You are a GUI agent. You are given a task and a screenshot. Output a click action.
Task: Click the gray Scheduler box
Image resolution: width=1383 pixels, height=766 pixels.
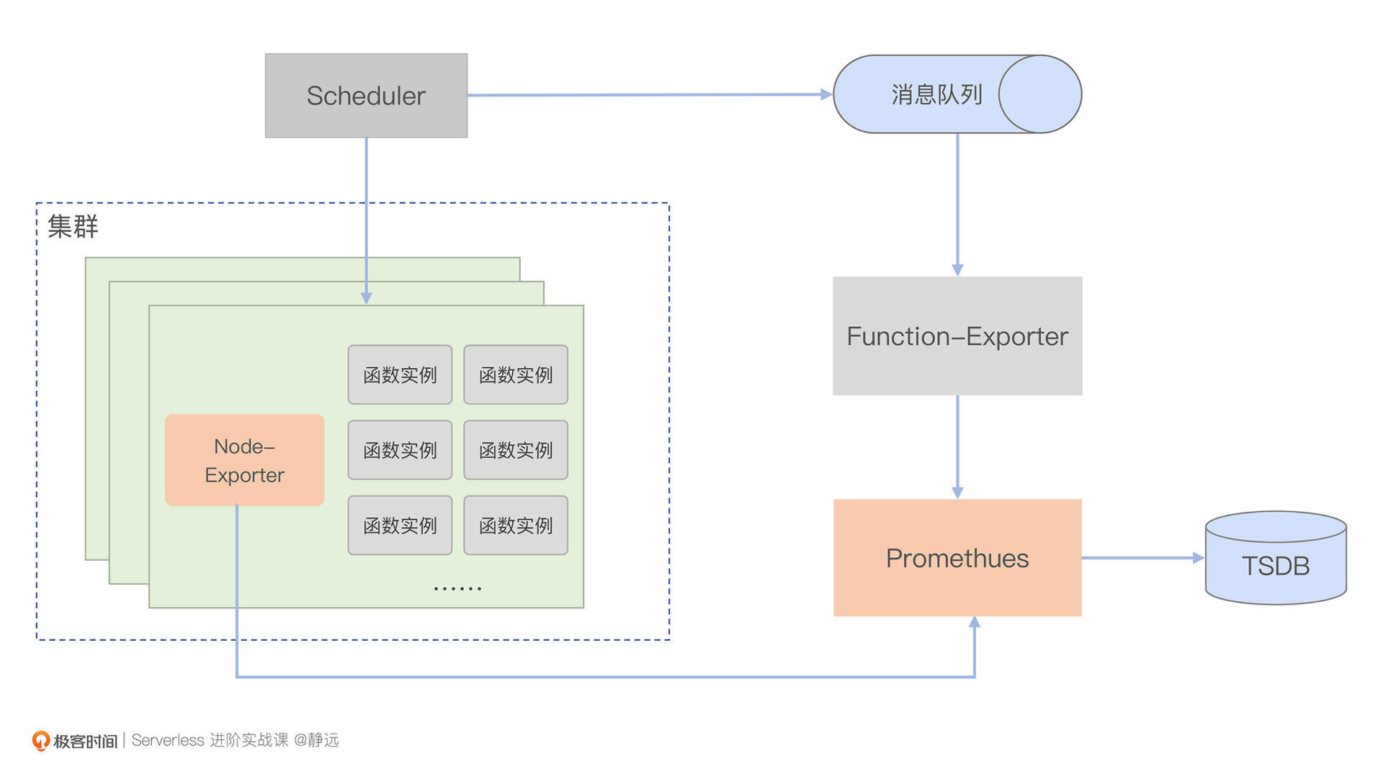click(x=366, y=96)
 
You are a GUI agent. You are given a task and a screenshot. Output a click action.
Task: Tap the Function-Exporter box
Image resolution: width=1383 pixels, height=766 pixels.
click(x=957, y=336)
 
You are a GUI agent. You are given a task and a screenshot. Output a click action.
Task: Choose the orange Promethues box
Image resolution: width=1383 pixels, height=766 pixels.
click(x=957, y=558)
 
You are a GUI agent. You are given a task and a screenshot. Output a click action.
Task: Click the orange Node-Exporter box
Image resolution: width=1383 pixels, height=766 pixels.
click(x=244, y=460)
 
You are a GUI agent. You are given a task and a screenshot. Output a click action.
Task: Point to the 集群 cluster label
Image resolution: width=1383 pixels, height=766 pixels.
click(x=73, y=227)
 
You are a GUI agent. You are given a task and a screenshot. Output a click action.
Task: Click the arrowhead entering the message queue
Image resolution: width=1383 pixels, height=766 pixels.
click(x=826, y=94)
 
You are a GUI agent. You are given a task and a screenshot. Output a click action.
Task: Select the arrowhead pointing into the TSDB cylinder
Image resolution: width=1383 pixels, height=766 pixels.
click(x=1199, y=558)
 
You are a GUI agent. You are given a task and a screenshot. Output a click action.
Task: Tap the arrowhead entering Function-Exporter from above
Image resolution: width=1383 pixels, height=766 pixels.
click(x=957, y=270)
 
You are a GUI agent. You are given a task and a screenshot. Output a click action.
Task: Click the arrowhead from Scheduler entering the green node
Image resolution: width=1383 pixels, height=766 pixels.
click(x=366, y=298)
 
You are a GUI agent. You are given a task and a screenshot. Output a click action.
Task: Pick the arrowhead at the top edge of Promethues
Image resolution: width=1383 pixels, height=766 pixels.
click(x=957, y=492)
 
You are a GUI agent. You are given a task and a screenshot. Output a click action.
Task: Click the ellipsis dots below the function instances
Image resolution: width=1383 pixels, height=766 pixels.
click(x=457, y=589)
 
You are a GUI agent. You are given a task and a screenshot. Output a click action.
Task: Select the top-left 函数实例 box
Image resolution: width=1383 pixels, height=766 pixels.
click(x=400, y=374)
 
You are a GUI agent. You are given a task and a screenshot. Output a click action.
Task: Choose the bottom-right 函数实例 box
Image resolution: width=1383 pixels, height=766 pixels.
click(x=516, y=526)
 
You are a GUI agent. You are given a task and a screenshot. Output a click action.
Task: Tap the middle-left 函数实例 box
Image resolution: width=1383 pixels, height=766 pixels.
click(x=400, y=450)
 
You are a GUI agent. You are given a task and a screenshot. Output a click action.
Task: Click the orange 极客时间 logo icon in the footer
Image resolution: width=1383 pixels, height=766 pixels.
click(x=41, y=740)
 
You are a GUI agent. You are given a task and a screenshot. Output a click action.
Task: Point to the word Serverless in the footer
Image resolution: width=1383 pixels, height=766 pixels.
click(x=168, y=740)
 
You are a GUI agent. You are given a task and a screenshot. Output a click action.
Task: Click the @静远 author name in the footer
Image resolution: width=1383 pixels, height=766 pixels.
click(x=316, y=740)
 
